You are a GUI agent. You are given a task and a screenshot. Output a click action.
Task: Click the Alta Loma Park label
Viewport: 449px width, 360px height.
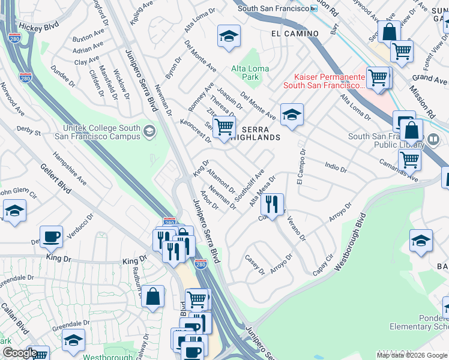click(x=250, y=73)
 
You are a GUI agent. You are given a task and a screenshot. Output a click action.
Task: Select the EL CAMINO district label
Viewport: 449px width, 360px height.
click(x=294, y=34)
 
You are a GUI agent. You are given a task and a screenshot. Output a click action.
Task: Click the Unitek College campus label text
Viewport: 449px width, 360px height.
click(x=102, y=132)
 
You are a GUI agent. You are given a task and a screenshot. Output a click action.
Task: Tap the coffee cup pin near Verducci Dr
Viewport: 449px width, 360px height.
click(x=52, y=237)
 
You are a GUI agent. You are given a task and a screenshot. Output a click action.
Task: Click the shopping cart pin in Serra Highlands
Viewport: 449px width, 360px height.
click(x=224, y=127)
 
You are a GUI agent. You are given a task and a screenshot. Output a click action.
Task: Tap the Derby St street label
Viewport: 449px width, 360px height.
click(x=28, y=130)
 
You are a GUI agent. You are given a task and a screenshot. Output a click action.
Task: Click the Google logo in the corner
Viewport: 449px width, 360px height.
click(x=19, y=353)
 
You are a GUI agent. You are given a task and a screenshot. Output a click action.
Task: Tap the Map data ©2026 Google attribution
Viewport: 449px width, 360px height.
click(x=412, y=355)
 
